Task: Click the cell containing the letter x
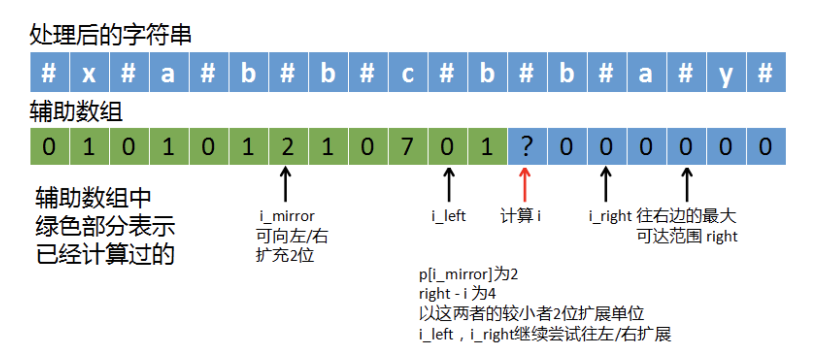click(x=89, y=72)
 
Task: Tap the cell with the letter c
click(x=408, y=72)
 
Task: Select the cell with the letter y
click(x=726, y=72)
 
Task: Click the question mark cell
click(x=527, y=146)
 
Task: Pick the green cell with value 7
click(x=408, y=146)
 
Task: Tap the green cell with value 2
click(x=288, y=146)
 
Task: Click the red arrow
click(x=525, y=185)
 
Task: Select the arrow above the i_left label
click(x=449, y=185)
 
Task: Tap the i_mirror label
click(x=287, y=216)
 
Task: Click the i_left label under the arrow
click(x=449, y=216)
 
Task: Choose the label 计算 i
click(x=520, y=216)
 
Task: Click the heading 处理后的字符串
click(x=110, y=34)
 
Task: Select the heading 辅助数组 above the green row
click(x=76, y=111)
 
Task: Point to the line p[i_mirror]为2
click(x=468, y=274)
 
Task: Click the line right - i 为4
click(x=457, y=293)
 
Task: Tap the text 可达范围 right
click(x=687, y=236)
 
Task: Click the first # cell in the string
click(x=49, y=72)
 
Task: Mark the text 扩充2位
click(x=285, y=255)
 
